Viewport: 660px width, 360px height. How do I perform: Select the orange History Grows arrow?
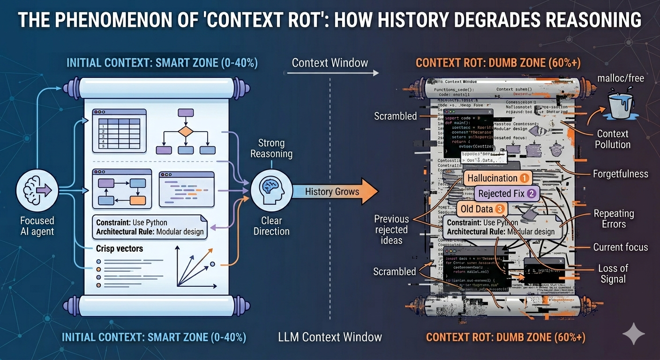[335, 191]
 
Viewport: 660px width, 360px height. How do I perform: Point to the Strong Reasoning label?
[271, 149]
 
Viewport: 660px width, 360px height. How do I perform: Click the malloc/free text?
[620, 78]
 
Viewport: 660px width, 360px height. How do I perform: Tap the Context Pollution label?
[612, 139]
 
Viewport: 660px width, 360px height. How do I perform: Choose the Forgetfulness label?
[620, 174]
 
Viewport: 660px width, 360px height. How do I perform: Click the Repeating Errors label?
[614, 218]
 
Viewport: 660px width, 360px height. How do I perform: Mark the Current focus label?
[620, 247]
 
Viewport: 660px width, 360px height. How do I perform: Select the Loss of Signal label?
[613, 273]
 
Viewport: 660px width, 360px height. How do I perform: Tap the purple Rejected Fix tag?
[506, 193]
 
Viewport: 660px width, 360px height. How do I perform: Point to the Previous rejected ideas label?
[391, 229]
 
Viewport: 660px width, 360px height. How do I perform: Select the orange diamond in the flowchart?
[186, 131]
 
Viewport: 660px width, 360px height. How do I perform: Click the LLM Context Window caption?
[330, 337]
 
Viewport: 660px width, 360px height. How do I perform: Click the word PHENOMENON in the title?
[121, 20]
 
